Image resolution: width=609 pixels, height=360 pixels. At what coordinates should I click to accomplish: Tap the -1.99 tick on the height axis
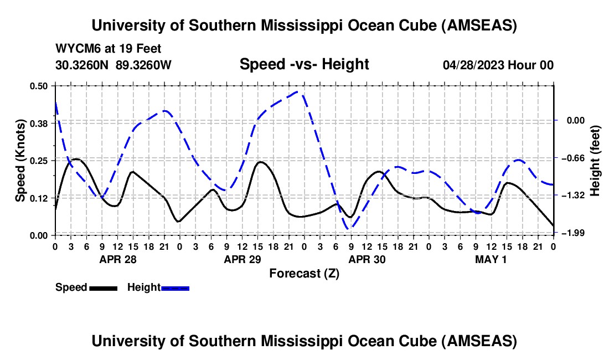[572, 233]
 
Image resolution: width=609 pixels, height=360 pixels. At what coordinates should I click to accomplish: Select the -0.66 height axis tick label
[572, 158]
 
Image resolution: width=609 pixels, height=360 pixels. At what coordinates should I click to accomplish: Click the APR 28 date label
[117, 259]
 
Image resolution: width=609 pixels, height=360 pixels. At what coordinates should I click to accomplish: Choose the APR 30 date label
[367, 259]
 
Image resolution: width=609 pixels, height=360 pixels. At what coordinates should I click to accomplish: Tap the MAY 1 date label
[492, 259]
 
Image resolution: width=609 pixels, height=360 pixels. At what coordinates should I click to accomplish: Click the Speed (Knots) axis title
[20, 160]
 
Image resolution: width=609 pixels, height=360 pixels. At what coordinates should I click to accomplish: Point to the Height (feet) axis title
[596, 160]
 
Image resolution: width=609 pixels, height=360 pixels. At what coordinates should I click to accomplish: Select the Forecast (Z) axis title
[304, 273]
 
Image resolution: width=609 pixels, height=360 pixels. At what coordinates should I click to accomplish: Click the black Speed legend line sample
[103, 287]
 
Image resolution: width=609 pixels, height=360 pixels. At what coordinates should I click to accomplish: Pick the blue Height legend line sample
[176, 287]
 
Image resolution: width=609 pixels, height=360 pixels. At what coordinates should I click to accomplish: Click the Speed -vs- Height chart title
[304, 65]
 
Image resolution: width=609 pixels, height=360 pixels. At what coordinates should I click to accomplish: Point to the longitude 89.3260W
[144, 65]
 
